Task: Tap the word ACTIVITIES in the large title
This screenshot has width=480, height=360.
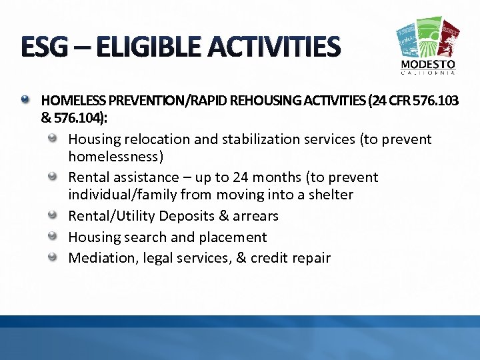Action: pos(280,47)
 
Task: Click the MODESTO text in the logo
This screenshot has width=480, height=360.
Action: pos(428,65)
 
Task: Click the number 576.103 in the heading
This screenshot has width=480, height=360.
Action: pos(436,101)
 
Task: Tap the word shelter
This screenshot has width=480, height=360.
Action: pos(330,195)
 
